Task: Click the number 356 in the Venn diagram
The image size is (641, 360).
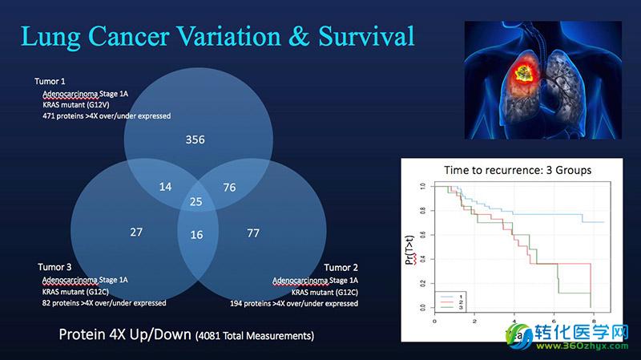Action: (x=195, y=140)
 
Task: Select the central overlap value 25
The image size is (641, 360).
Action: (x=196, y=201)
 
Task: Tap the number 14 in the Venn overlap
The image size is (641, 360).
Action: (x=165, y=187)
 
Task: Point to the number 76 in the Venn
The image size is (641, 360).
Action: (x=229, y=188)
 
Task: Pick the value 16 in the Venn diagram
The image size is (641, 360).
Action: (x=196, y=235)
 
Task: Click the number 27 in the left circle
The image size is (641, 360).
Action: (x=136, y=233)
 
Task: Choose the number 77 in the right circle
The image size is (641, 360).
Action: (x=253, y=233)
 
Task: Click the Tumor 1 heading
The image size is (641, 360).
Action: (x=50, y=82)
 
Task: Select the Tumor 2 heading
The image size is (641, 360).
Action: (x=341, y=268)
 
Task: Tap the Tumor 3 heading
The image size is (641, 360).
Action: (x=54, y=267)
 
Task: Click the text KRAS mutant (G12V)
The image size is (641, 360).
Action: (x=76, y=105)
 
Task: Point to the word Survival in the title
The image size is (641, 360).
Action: (x=367, y=36)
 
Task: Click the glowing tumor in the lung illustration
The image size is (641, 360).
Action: (x=523, y=73)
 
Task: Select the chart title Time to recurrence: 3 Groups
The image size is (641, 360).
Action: (x=518, y=170)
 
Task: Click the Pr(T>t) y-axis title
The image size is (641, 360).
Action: (x=410, y=250)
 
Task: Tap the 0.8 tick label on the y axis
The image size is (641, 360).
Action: (x=423, y=211)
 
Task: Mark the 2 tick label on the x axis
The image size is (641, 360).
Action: (x=474, y=322)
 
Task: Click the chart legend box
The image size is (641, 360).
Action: (x=450, y=301)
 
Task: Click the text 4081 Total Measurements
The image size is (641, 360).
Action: (x=255, y=336)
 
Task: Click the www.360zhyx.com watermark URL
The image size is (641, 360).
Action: (x=583, y=346)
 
